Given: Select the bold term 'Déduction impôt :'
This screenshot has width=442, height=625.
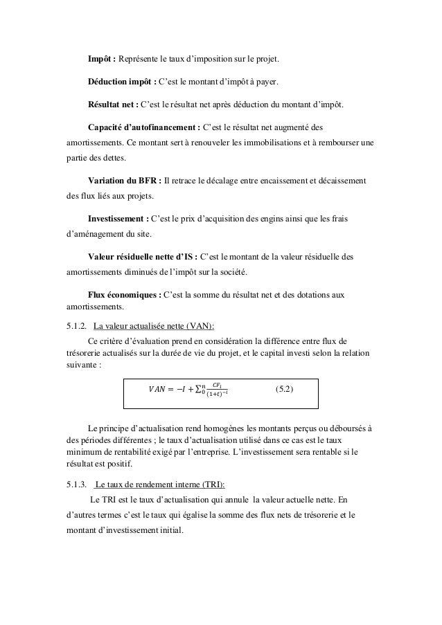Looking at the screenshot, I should tap(122, 82).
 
